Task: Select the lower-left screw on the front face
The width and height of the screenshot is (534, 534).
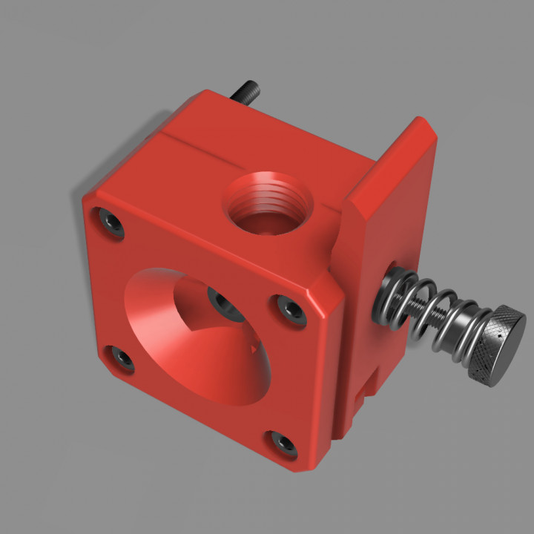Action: click(122, 359)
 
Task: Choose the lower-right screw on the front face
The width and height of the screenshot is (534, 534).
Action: click(283, 443)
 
